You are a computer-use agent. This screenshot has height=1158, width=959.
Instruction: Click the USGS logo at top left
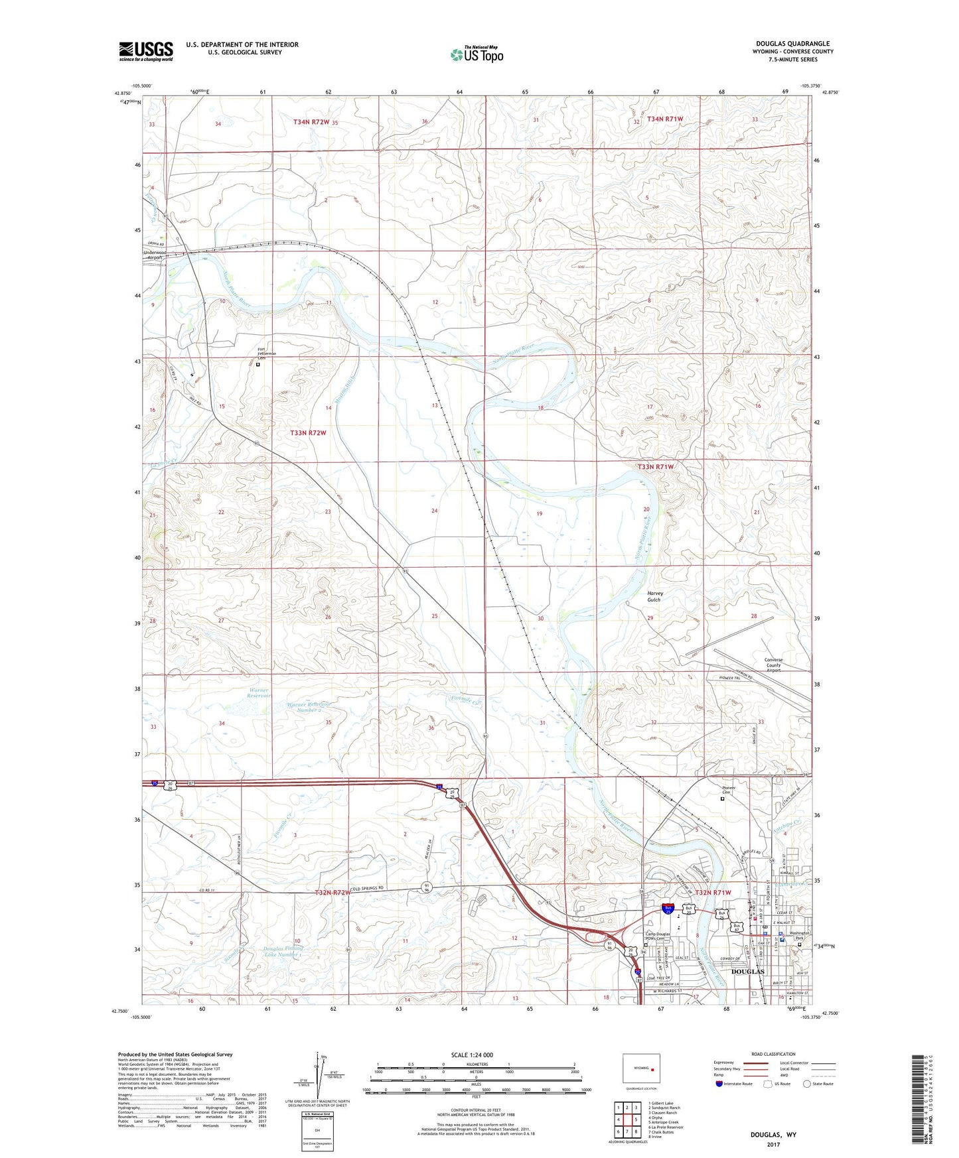[x=145, y=51]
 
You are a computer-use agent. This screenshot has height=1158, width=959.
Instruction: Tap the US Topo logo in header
[x=477, y=54]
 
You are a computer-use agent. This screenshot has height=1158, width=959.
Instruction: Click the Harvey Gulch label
[x=654, y=596]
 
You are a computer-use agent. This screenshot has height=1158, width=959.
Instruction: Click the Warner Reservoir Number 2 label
[x=305, y=707]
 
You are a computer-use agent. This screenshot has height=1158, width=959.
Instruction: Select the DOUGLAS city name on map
[x=747, y=972]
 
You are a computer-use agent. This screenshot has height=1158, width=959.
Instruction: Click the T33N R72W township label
[x=308, y=432]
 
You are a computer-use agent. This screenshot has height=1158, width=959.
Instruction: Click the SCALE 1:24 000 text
[x=472, y=1055]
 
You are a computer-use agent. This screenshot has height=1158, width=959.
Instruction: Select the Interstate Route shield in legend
[x=720, y=1084]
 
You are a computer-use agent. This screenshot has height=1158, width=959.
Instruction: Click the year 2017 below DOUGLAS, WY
[x=773, y=1145]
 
